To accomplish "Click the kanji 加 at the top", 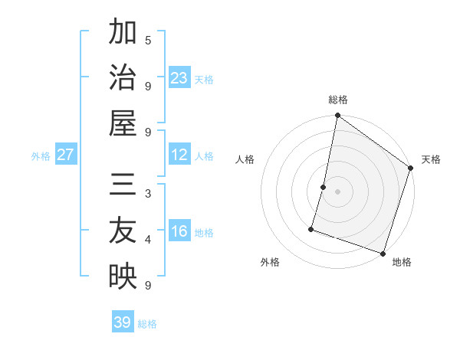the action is click(x=123, y=33).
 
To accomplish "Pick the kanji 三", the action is click(x=123, y=186).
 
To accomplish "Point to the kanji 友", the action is click(x=123, y=231).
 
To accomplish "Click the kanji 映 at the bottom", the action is click(x=123, y=277).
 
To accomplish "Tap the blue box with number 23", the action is click(x=179, y=78).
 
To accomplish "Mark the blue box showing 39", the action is click(x=123, y=322).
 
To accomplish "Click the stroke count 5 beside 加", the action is click(x=148, y=40).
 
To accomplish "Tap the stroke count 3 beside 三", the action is click(x=148, y=193).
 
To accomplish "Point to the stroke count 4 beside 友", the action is click(x=148, y=240).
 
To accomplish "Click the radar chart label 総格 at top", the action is click(x=338, y=100).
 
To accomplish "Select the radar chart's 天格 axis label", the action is click(x=431, y=159).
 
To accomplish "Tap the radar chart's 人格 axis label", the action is click(x=245, y=159).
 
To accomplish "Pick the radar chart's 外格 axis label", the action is click(x=270, y=262).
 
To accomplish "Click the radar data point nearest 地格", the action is click(x=383, y=253).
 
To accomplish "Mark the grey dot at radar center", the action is click(x=337, y=191).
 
